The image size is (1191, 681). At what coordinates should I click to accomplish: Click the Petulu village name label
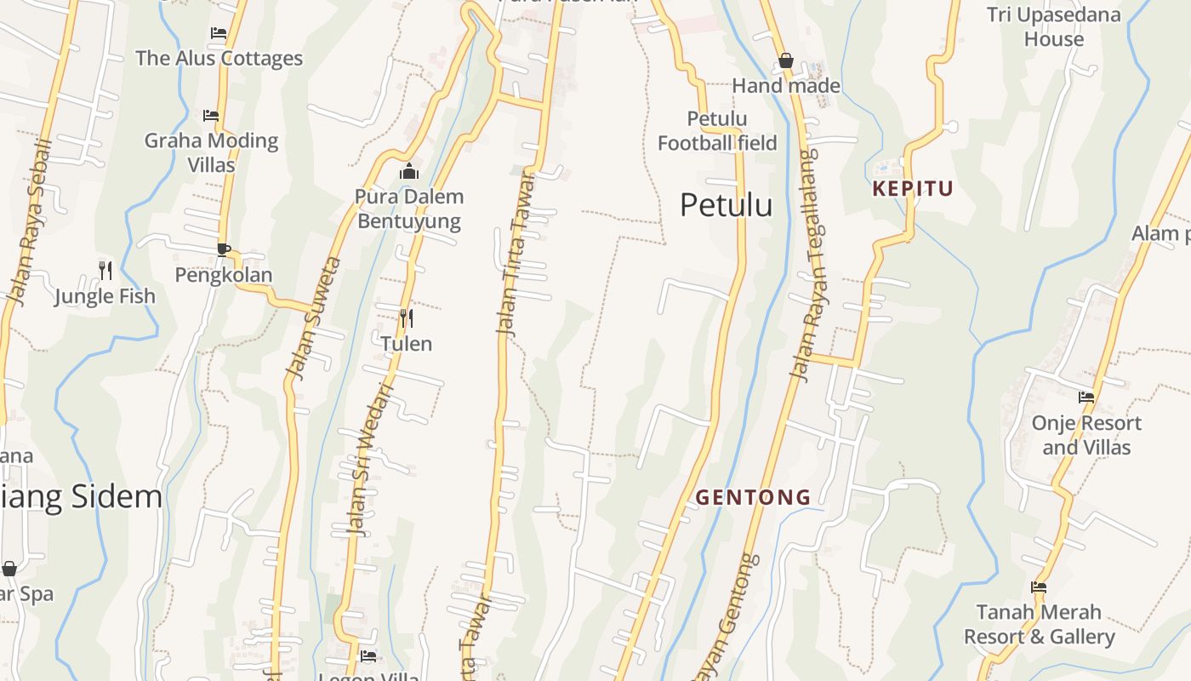tap(727, 205)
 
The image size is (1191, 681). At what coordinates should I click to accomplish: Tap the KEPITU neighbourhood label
tap(913, 189)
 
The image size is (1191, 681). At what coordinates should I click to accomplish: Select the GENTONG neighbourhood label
tap(753, 497)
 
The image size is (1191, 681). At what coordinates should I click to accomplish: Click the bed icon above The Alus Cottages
tap(219, 33)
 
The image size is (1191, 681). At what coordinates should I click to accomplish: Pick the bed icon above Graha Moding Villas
tap(211, 115)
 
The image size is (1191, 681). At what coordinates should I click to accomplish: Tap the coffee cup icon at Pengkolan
tap(223, 249)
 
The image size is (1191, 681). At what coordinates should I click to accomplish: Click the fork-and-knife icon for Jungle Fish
tap(105, 271)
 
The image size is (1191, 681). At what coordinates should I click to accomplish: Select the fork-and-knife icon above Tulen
tap(407, 318)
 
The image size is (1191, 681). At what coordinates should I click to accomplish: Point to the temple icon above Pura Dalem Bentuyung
tap(409, 172)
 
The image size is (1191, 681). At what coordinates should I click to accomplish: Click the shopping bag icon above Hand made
tap(786, 60)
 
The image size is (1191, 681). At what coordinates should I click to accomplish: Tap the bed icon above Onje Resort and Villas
tap(1086, 397)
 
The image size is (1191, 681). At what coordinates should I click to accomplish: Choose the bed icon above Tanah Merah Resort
tap(1039, 587)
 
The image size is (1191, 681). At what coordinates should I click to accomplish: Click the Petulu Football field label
tap(717, 131)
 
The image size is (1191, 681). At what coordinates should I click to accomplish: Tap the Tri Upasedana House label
tap(1054, 26)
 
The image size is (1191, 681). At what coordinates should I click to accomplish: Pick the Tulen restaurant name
tap(407, 344)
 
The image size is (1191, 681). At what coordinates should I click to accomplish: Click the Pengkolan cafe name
tap(224, 275)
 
